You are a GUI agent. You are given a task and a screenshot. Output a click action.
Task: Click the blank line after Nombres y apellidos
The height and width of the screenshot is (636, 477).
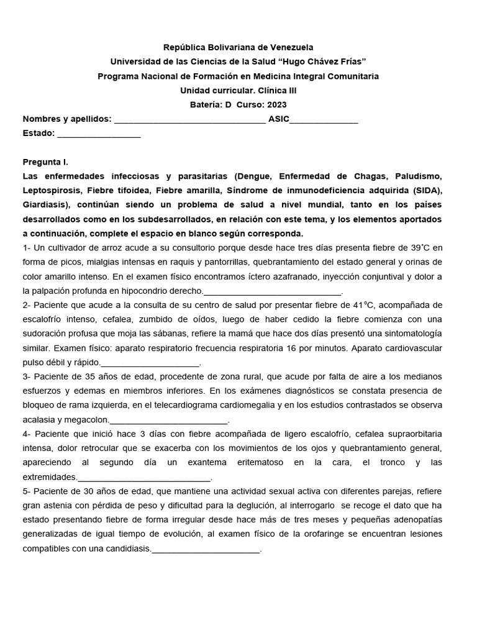point(189,120)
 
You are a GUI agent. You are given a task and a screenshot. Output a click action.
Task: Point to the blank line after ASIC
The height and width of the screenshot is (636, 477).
point(324,120)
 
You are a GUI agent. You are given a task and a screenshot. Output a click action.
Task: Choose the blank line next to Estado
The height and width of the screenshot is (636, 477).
point(99,134)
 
